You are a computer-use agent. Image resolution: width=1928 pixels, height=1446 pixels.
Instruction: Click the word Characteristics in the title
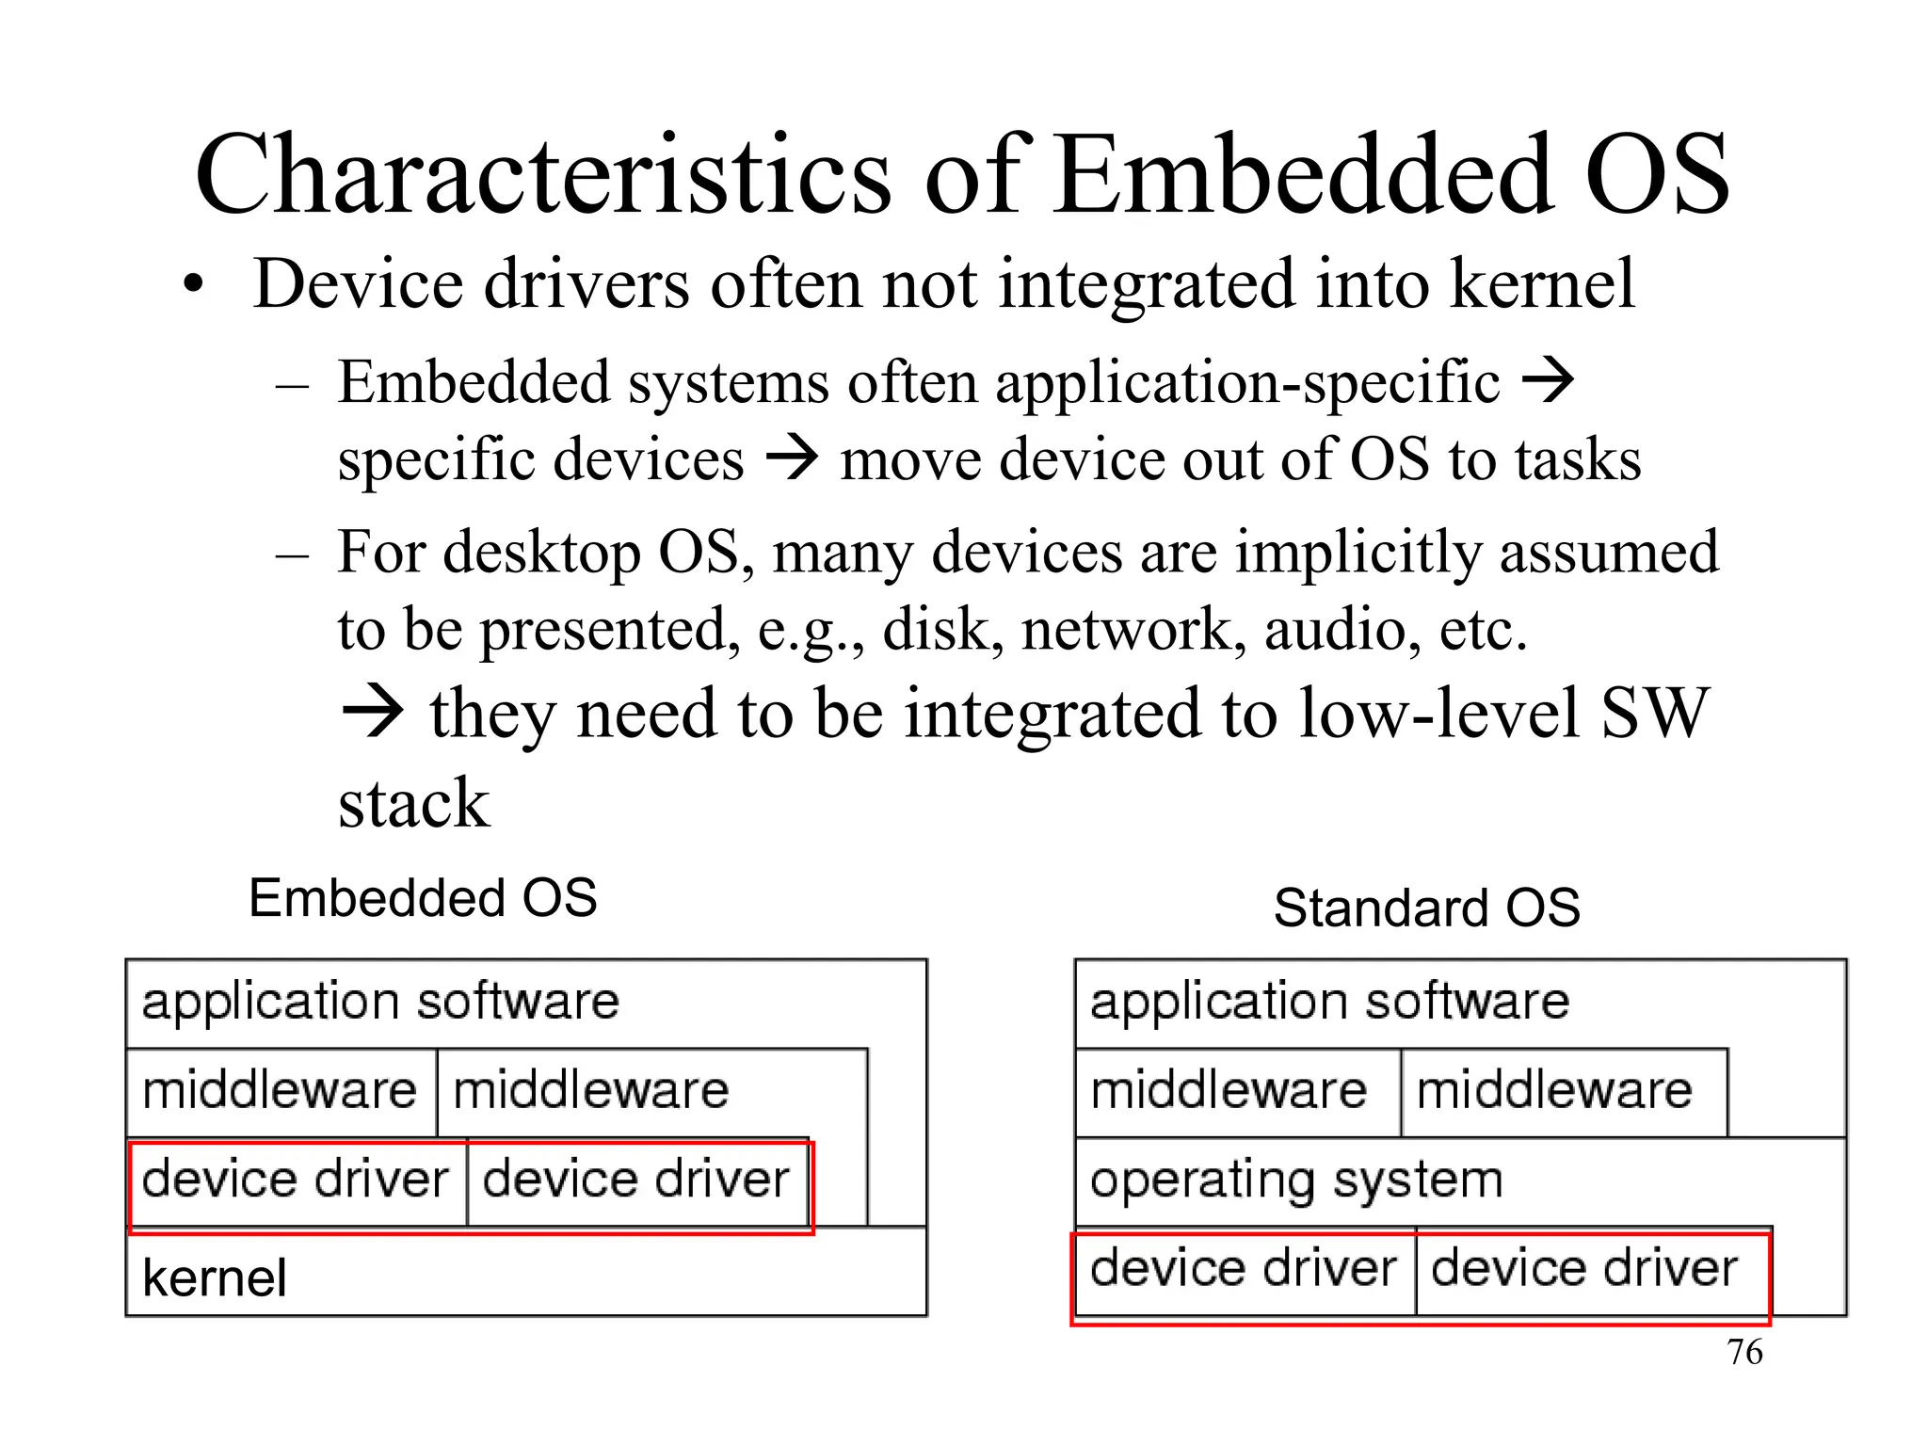pyautogui.click(x=542, y=176)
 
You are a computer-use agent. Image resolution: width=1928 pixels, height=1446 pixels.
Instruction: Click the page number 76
pyautogui.click(x=1744, y=1352)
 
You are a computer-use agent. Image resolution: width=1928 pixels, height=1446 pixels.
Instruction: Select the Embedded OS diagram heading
pyautogui.click(x=423, y=898)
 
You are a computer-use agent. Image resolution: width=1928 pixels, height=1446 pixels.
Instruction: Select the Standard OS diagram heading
pyautogui.click(x=1426, y=908)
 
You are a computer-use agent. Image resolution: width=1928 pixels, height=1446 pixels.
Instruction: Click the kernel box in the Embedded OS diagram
pyautogui.click(x=525, y=1276)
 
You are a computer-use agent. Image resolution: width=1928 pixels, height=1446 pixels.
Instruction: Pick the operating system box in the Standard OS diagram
pyautogui.click(x=1295, y=1181)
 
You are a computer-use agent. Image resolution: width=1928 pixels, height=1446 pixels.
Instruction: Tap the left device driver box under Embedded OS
pyautogui.click(x=295, y=1181)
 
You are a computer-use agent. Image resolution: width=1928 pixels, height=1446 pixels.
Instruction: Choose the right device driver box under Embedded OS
pyautogui.click(x=635, y=1181)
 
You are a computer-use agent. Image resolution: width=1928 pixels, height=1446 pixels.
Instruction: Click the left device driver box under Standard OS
pyautogui.click(x=1243, y=1269)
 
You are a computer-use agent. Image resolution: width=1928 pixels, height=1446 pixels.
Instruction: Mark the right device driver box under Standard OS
pyautogui.click(x=1583, y=1269)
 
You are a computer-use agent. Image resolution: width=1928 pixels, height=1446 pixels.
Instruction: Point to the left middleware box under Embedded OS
pyautogui.click(x=280, y=1092)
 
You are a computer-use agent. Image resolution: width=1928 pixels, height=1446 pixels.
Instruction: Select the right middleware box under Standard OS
pyautogui.click(x=1554, y=1092)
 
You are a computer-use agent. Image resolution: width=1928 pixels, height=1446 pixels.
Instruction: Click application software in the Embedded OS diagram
pyautogui.click(x=380, y=1002)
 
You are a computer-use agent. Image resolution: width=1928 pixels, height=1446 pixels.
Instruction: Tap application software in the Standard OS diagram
pyautogui.click(x=1329, y=1002)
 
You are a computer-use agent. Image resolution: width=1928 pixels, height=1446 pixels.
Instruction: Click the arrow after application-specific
pyautogui.click(x=1548, y=381)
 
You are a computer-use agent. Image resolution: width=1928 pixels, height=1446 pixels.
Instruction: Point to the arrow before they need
pyautogui.click(x=372, y=714)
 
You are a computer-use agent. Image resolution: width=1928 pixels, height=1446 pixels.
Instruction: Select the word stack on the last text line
pyautogui.click(x=414, y=804)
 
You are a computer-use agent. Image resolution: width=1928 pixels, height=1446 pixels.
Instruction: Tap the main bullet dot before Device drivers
pyautogui.click(x=193, y=285)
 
